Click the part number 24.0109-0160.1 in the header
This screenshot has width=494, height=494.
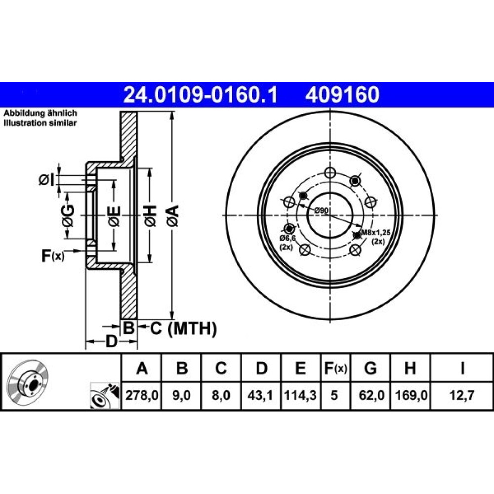(x=200, y=95)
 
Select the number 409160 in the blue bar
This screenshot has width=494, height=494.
(x=342, y=95)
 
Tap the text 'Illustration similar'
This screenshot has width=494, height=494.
(x=40, y=123)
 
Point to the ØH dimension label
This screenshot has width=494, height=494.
(x=150, y=215)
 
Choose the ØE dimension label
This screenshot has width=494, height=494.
(x=114, y=216)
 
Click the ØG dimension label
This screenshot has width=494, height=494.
(x=68, y=216)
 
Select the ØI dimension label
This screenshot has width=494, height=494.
(x=46, y=180)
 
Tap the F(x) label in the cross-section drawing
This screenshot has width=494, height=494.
(x=53, y=256)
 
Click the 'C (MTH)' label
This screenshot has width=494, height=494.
(x=183, y=329)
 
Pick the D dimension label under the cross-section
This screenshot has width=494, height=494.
(x=111, y=341)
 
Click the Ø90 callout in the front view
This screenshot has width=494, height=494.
(x=322, y=210)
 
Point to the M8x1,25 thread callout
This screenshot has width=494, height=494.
(x=375, y=233)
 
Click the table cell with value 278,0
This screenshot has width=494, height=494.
(x=142, y=395)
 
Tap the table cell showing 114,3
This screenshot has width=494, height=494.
(x=300, y=395)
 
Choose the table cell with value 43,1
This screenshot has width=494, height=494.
(x=260, y=395)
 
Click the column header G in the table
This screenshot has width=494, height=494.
(x=370, y=368)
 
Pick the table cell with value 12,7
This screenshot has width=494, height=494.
(x=462, y=395)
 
